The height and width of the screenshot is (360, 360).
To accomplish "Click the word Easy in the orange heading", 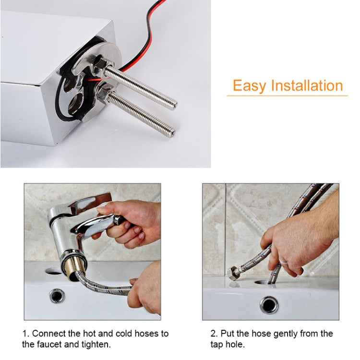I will [250, 86].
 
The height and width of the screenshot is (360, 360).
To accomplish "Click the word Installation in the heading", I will [307, 85].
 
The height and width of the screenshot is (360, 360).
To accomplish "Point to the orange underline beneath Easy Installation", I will [287, 96].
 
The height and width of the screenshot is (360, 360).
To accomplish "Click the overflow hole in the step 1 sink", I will [57, 296].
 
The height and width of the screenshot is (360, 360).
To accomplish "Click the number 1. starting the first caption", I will [25, 333].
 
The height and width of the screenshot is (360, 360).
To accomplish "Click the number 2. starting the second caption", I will [214, 333].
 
